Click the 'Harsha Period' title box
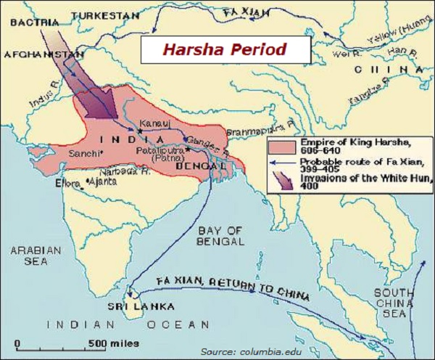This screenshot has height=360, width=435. (224, 49)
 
